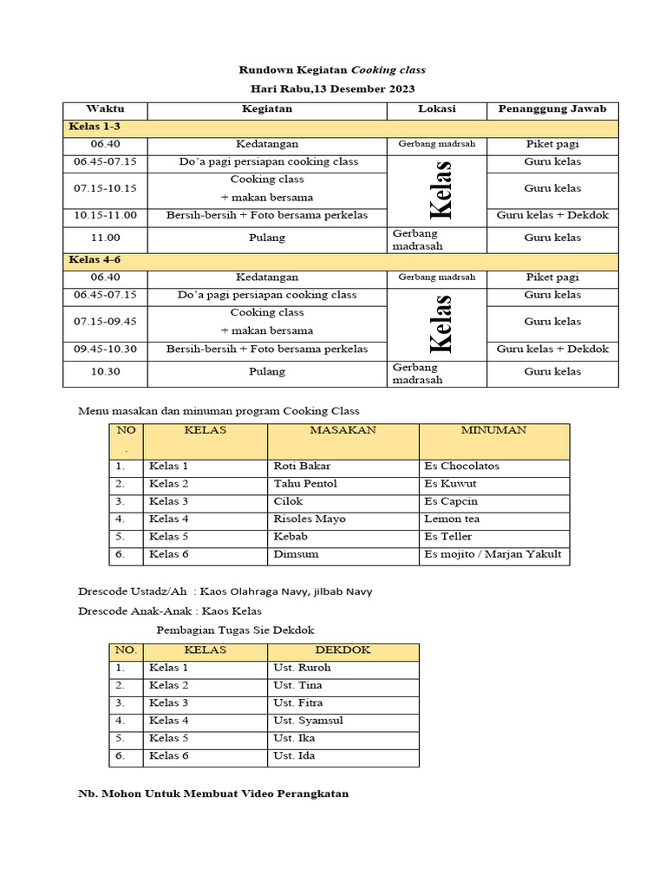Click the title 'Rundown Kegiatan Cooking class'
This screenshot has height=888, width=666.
tap(332, 69)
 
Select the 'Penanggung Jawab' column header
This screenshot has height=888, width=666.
tap(552, 109)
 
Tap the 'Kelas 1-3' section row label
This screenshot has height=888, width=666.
tap(96, 127)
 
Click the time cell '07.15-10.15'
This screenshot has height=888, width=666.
tap(105, 188)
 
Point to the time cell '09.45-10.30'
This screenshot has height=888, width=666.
tap(105, 349)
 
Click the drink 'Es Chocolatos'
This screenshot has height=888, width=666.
tap(461, 466)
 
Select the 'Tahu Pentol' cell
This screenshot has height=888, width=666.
tap(305, 484)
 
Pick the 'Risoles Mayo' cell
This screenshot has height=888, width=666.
tap(310, 519)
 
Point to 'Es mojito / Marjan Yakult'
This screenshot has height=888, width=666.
tap(493, 554)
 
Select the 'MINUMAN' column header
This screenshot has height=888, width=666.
tap(493, 430)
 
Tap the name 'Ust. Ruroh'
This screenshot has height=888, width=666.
tap(302, 668)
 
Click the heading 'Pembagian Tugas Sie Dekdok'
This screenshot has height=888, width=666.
tap(235, 630)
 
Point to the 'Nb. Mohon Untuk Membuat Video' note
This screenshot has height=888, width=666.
tap(213, 794)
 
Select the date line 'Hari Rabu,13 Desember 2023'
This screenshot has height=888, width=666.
tap(332, 88)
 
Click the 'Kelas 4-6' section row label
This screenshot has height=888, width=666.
tap(96, 260)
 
